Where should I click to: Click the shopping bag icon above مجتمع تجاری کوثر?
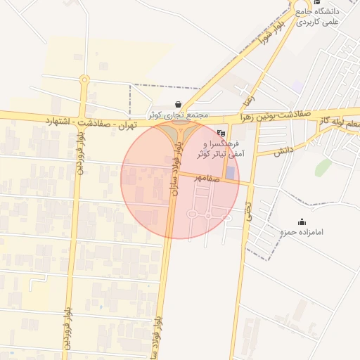pos(177,104)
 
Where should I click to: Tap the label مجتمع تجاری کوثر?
pos(178,114)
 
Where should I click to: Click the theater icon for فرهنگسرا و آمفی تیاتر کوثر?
pos(221,132)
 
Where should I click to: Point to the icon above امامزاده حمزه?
pos(302,222)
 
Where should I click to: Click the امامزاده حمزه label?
pos(301,232)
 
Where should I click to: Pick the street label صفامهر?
pos(208,179)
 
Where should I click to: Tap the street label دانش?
pos(283,150)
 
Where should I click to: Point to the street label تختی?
pos(247,208)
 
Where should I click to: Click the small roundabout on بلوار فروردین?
pos(84,79)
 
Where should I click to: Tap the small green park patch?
pos(323,167)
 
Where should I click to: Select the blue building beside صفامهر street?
pos(231,172)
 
